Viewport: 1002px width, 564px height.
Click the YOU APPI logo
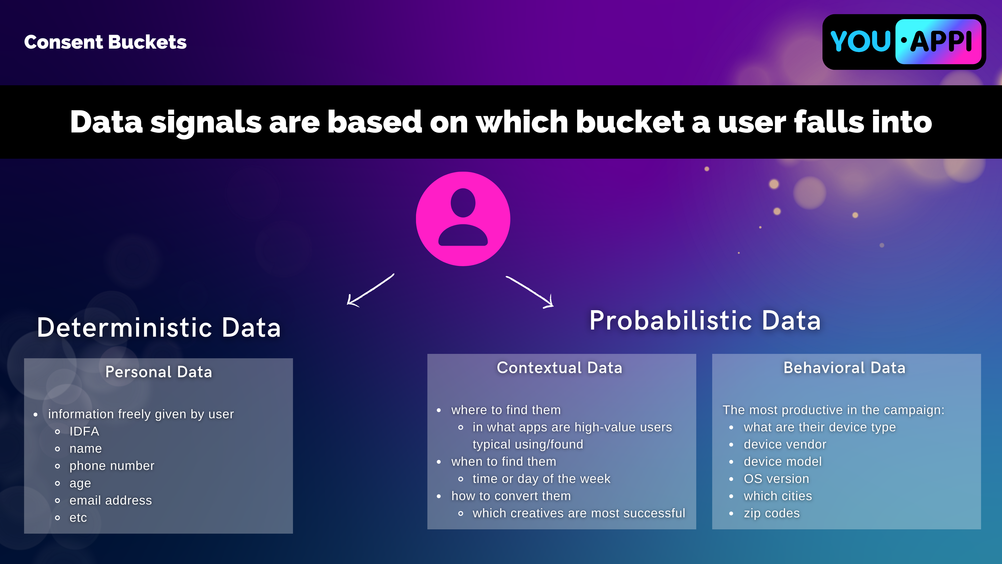point(904,42)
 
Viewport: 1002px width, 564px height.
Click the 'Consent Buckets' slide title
point(105,42)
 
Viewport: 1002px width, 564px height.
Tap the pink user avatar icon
point(463,219)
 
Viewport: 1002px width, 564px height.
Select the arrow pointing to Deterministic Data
point(370,290)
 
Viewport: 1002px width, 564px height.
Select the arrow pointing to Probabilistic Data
point(530,292)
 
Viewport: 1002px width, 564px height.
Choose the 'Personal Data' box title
point(159,372)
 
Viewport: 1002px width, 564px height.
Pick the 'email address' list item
point(111,500)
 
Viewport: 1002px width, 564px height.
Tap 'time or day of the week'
point(542,479)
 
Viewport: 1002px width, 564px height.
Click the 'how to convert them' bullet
point(511,496)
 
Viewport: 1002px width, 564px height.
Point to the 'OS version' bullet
point(776,479)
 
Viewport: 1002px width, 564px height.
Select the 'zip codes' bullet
point(772,513)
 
